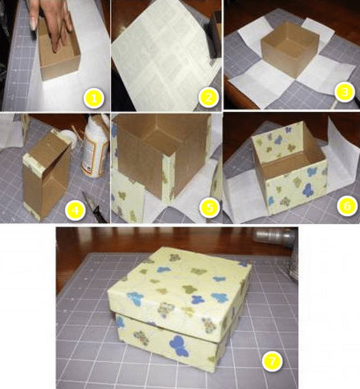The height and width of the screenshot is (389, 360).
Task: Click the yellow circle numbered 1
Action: click(x=94, y=98)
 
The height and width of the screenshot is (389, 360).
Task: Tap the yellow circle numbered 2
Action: click(x=208, y=98)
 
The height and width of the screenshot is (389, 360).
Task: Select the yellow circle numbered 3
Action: click(x=344, y=92)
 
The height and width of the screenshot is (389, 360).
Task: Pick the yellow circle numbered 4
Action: click(x=75, y=210)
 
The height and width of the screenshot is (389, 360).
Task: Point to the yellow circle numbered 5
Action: click(x=210, y=207)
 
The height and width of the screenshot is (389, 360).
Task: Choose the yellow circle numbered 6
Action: click(x=347, y=206)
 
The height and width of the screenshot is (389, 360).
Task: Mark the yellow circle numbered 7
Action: click(x=272, y=361)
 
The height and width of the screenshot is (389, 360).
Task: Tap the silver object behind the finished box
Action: click(x=275, y=236)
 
